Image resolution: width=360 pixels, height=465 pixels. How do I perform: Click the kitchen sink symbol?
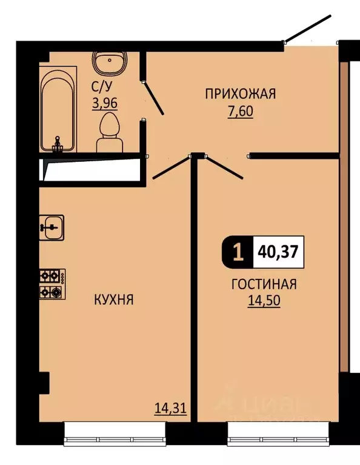[x=53, y=227]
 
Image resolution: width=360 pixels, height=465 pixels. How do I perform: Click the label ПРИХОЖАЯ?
[x=240, y=93]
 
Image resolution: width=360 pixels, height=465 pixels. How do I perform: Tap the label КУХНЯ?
[x=113, y=299]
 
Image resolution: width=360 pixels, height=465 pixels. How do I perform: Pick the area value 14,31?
[x=170, y=409]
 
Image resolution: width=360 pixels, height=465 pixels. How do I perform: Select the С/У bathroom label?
[x=100, y=86]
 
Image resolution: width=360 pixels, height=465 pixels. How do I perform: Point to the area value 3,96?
[x=104, y=102]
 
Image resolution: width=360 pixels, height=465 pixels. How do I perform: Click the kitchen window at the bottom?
[x=114, y=432]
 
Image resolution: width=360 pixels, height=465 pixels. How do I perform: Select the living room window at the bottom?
[x=277, y=432]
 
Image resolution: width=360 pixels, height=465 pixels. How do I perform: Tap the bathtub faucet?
[x=58, y=144]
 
